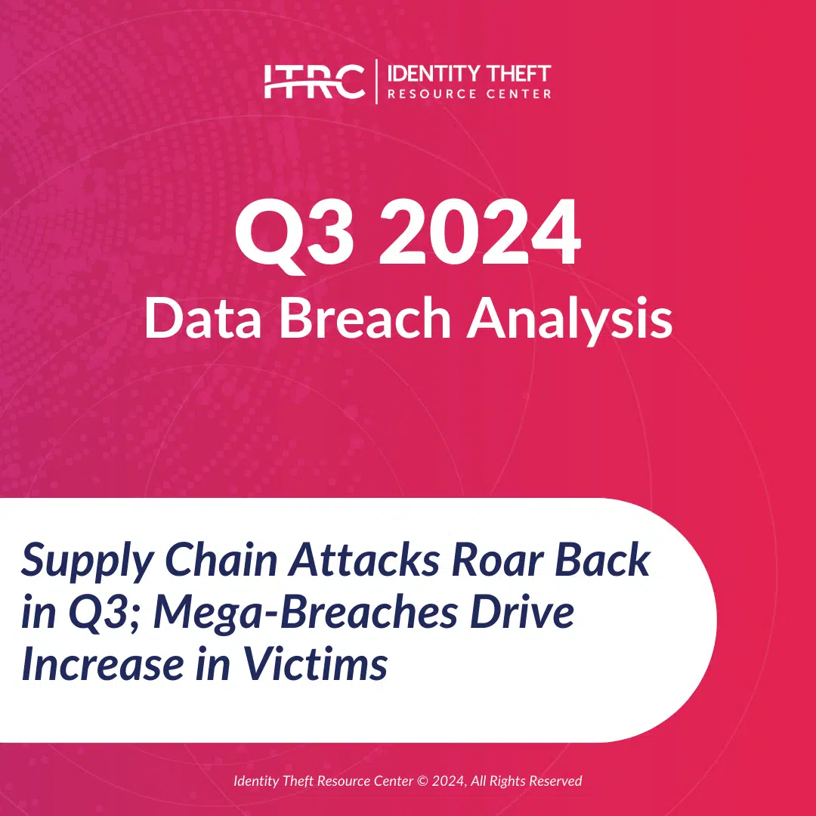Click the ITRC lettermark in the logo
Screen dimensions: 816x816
coord(314,81)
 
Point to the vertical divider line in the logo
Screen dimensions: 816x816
coord(376,81)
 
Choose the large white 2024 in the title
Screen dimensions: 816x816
coord(480,232)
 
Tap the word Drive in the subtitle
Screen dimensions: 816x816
coord(522,612)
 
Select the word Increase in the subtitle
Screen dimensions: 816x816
coord(103,665)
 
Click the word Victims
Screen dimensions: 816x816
coord(316,663)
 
